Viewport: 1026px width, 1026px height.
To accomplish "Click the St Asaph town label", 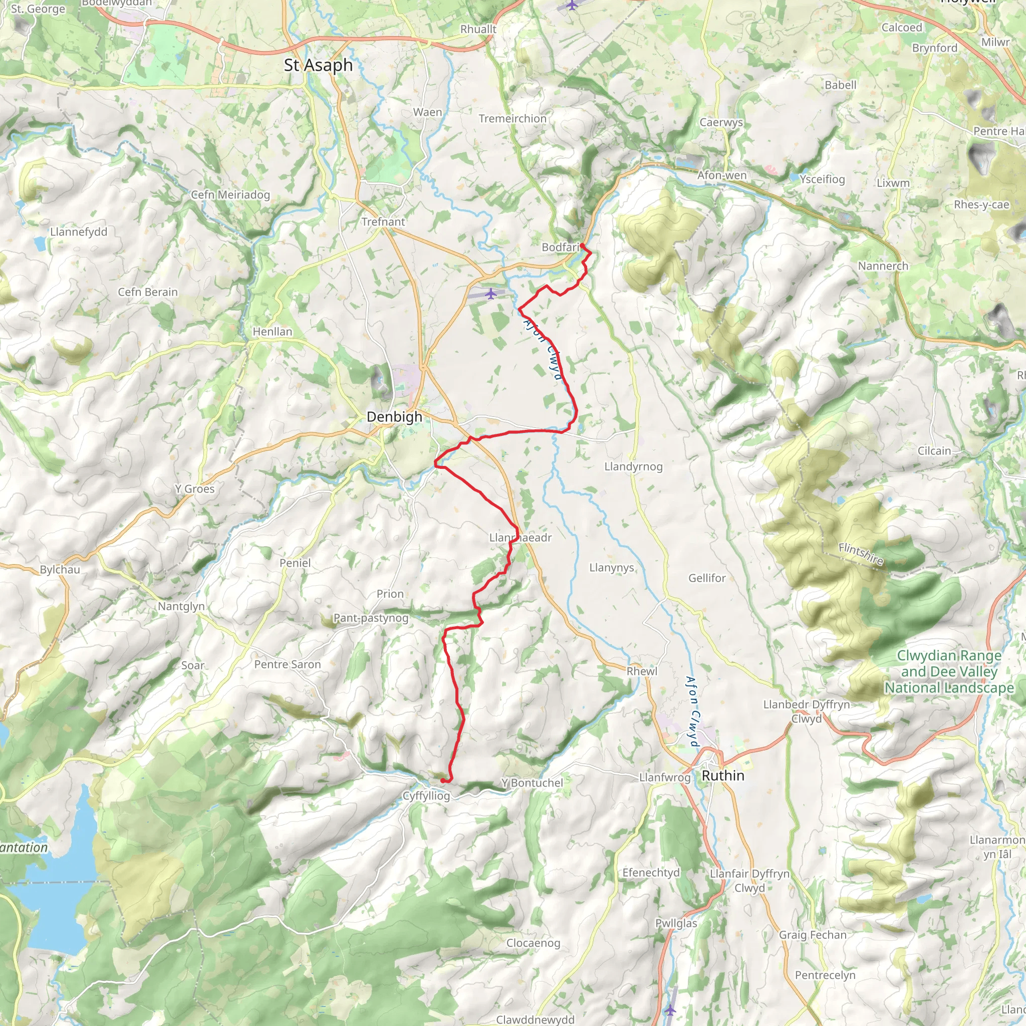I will [x=318, y=65].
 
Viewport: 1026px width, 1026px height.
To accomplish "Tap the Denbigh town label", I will [x=395, y=417].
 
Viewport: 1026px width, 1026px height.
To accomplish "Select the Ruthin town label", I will [x=723, y=776].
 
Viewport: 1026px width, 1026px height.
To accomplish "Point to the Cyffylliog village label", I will [x=426, y=796].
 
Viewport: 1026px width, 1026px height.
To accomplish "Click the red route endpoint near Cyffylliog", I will [x=443, y=780].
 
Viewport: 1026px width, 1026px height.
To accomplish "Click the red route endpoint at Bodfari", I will [x=583, y=245].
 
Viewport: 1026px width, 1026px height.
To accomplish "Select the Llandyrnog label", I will [x=633, y=466].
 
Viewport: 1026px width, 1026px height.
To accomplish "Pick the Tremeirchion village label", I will [x=512, y=118].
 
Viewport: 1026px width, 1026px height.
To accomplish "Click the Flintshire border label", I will [x=860, y=554].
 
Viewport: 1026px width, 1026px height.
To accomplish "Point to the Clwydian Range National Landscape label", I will [x=948, y=671].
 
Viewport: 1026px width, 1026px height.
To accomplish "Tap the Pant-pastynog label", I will [x=371, y=618].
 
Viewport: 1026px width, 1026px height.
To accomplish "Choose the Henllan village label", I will [x=272, y=331].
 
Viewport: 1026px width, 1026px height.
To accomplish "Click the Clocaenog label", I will [x=533, y=943].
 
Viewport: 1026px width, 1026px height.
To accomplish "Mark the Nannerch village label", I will [x=883, y=266].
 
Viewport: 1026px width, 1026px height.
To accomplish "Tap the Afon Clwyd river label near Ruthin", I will [x=692, y=711].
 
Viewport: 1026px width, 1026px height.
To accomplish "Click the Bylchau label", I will [x=60, y=569].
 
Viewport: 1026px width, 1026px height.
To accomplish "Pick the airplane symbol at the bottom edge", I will [x=671, y=1009].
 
